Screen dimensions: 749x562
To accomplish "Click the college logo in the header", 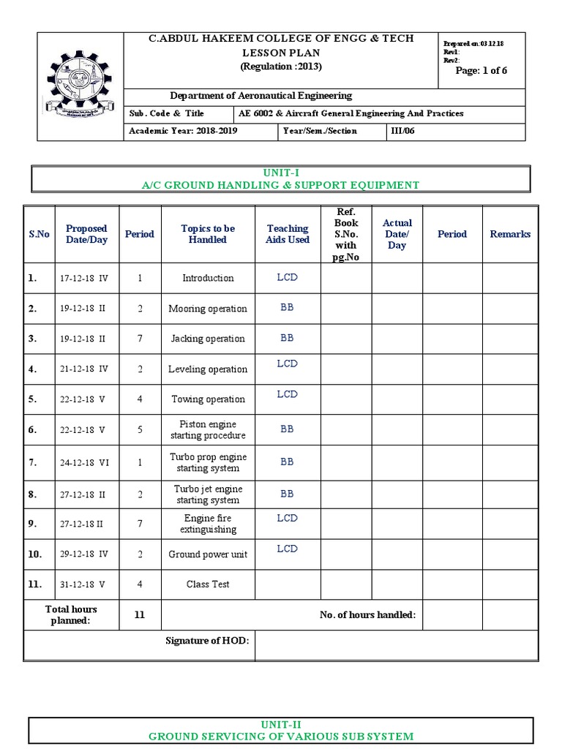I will pos(80,87).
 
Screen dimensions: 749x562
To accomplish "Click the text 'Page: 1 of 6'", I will pos(481,70).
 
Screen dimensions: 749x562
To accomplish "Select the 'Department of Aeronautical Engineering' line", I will pos(261,96).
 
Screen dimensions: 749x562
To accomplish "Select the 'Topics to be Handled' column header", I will pos(208,234).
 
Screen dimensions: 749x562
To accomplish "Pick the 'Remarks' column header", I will pos(510,234).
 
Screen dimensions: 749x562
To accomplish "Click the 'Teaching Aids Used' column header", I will pos(288,234).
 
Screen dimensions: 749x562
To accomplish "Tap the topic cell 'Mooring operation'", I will pos(208,309).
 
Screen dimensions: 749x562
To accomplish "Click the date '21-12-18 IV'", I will pos(83,369).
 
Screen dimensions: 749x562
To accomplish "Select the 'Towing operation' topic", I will pos(208,399).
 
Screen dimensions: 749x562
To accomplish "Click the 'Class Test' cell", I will pos(208,584).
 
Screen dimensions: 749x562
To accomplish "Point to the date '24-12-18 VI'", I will pos(84,463).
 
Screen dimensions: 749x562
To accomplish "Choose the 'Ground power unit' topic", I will pos(208,554).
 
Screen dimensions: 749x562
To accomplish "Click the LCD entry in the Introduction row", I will pos(287,277).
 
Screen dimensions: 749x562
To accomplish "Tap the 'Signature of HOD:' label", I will pos(207,641).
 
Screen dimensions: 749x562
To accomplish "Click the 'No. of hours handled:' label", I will pos(367,615).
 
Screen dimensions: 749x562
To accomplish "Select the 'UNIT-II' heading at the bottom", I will pos(280,723).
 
